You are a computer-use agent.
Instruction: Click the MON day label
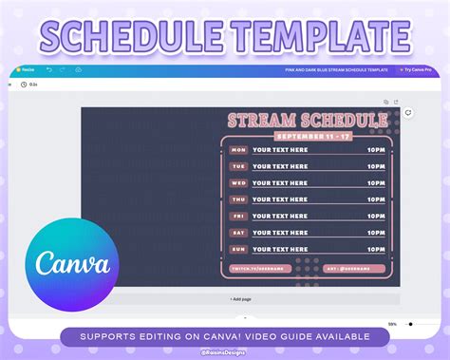[238, 149]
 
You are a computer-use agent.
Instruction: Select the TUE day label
[238, 166]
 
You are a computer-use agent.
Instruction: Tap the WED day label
[238, 182]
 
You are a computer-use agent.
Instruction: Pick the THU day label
[238, 199]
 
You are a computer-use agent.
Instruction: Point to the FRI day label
[238, 216]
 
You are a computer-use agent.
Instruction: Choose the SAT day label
[238, 232]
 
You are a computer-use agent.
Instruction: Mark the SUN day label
[238, 249]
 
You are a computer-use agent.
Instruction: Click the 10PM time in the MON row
[377, 149]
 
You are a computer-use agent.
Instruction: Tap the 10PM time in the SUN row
[377, 249]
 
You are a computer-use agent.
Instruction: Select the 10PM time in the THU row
[377, 199]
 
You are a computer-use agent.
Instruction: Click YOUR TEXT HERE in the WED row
[280, 182]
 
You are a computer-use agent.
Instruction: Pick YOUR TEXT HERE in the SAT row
[280, 232]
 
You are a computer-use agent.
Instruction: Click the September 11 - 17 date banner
[307, 135]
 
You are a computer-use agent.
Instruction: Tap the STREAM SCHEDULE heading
[307, 121]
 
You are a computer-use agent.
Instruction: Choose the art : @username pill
[353, 269]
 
